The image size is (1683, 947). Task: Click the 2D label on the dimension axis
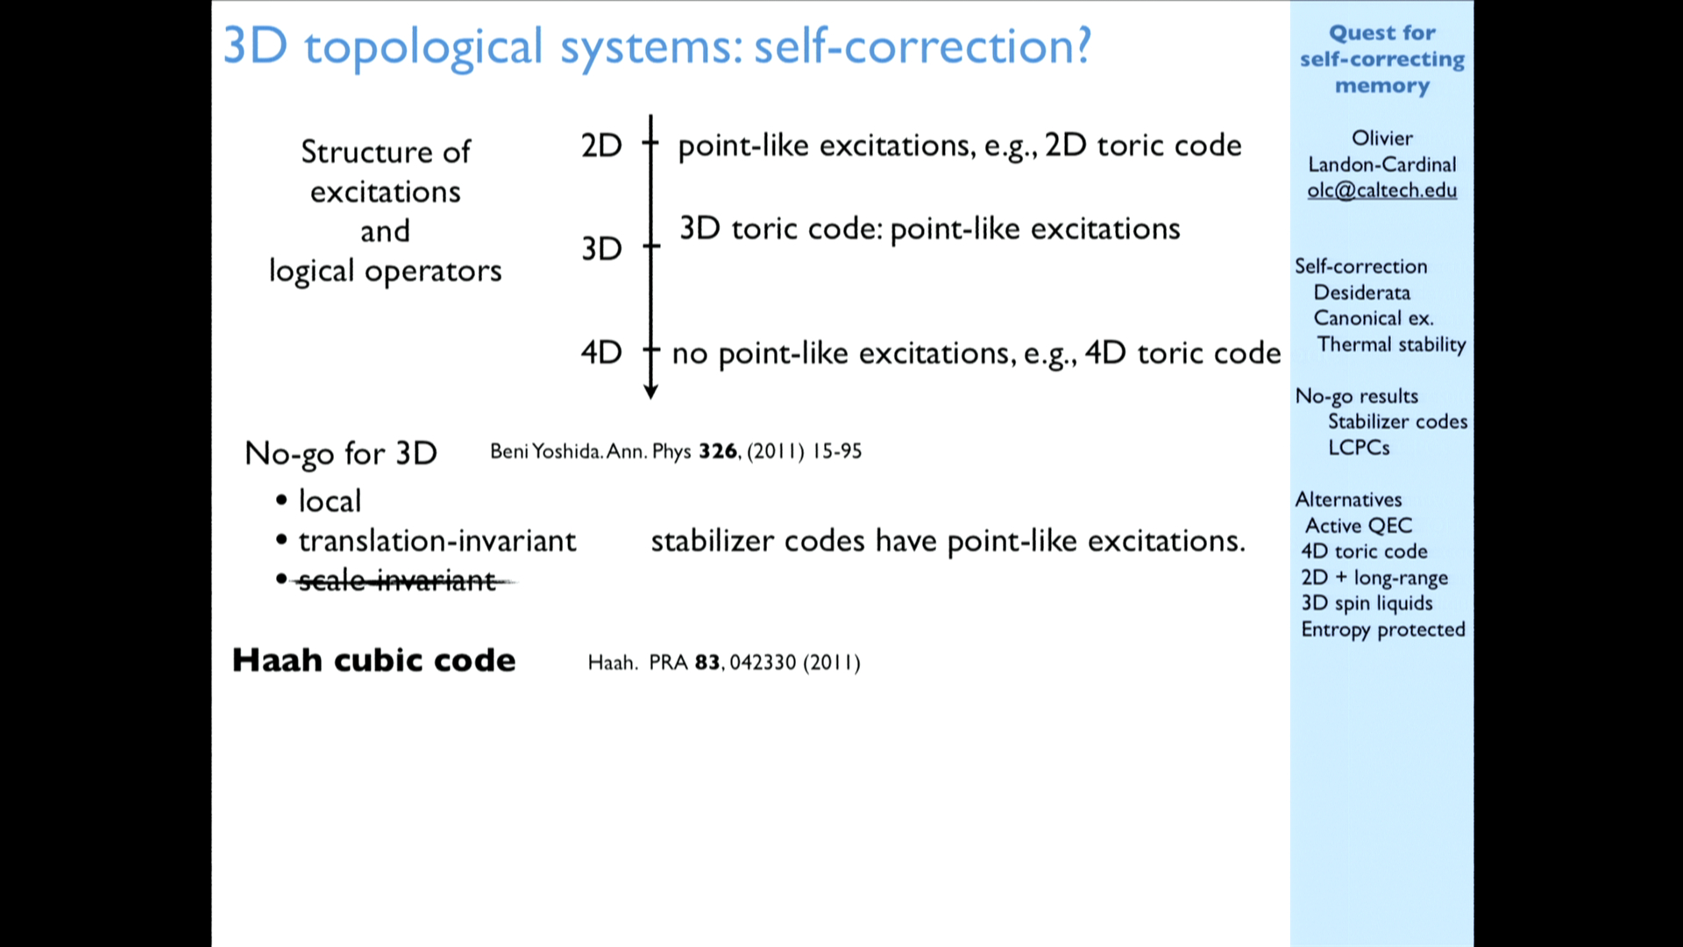click(601, 146)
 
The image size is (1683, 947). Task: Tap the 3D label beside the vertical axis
click(601, 249)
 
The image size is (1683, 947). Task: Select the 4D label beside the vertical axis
click(601, 352)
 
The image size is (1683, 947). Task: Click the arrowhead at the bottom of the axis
click(650, 392)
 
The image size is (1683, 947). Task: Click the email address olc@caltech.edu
click(1382, 190)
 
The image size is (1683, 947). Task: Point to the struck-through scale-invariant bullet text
click(398, 580)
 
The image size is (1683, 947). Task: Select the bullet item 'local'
click(330, 501)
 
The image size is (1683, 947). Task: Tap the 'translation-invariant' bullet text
click(437, 541)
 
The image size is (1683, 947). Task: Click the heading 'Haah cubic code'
click(374, 660)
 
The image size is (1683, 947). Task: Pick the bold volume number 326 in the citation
click(718, 452)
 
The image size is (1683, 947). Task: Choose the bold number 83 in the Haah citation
click(707, 662)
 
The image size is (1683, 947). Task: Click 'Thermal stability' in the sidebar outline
click(1391, 345)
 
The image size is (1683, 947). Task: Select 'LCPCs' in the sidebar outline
click(1359, 447)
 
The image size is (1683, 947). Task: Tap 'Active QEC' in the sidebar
click(1359, 525)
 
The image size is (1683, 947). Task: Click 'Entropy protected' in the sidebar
click(1383, 630)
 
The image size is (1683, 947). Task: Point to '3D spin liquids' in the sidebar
click(1367, 603)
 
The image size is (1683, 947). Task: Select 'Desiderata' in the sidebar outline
click(1362, 293)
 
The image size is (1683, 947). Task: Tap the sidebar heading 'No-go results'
click(1357, 396)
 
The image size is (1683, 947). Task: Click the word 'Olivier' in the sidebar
click(1382, 139)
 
